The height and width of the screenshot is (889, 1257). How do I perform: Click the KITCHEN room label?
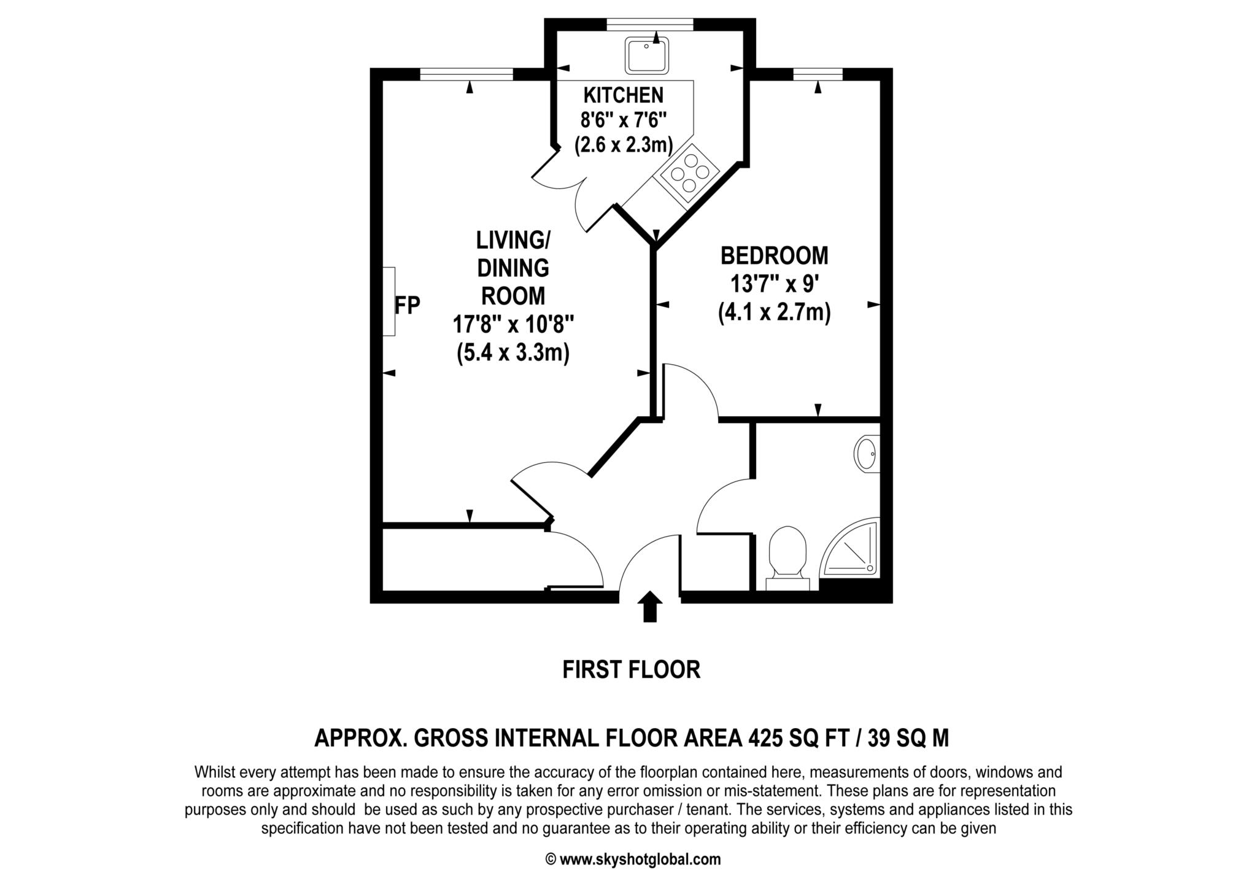(x=623, y=95)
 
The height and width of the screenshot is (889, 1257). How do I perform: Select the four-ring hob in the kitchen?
(x=689, y=174)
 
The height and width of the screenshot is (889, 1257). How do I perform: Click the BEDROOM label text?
(x=774, y=255)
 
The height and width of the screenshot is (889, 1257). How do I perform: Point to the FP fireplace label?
(x=407, y=305)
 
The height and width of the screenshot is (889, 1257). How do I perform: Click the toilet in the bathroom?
(x=788, y=558)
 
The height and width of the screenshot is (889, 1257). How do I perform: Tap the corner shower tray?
(x=851, y=549)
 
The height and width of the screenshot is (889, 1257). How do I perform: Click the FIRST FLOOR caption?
(x=631, y=669)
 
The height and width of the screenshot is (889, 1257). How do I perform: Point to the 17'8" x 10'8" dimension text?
(x=513, y=323)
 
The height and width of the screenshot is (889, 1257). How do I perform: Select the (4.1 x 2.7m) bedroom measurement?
(x=775, y=313)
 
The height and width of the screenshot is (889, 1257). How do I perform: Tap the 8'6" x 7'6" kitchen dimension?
(x=624, y=120)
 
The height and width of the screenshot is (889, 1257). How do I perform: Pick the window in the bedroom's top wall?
(x=818, y=74)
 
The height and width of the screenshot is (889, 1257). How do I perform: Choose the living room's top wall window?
(x=466, y=74)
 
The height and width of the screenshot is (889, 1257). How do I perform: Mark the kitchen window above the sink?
(x=650, y=25)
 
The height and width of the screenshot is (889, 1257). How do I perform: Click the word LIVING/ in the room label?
(x=513, y=240)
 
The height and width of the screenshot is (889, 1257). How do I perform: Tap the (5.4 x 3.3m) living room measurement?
(x=513, y=353)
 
